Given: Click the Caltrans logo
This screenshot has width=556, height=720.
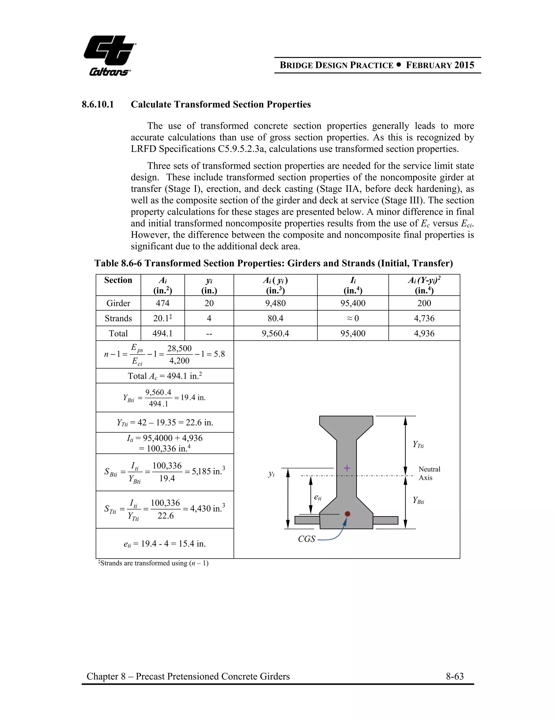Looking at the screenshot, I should coord(110,55).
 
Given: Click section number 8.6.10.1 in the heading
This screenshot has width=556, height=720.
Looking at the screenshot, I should coord(98,105).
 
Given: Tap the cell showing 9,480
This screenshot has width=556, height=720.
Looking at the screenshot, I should coord(275,303).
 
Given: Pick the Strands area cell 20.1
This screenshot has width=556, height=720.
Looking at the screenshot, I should coord(162,318).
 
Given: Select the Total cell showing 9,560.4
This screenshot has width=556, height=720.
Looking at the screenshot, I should coord(275,334).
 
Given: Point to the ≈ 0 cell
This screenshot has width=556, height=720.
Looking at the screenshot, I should coord(352,318).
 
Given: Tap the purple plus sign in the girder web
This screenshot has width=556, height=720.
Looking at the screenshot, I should coord(347,468).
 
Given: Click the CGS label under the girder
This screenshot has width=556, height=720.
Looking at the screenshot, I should coord(306,539).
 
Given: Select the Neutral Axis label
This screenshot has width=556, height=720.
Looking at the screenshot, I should coord(429,473).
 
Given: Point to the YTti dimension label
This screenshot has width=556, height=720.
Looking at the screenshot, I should coord(418,444).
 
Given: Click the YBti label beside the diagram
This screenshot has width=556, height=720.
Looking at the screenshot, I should coord(418,500).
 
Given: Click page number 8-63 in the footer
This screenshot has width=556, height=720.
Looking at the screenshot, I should coord(454,677).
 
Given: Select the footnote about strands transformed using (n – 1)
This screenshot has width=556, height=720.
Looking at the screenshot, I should coord(153,563).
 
